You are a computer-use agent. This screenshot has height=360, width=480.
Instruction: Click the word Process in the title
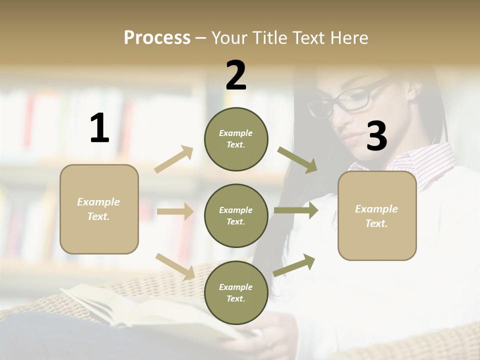point(157,38)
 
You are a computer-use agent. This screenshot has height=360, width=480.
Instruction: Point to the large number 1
point(99,128)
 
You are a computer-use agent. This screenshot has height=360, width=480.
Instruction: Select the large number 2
point(236,75)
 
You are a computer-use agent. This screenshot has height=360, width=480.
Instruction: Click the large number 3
point(376,136)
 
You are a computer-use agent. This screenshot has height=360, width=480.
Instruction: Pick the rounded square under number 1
point(99,209)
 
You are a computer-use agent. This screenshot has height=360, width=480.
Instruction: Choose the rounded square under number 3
point(377,215)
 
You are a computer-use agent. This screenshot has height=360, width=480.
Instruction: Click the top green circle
point(236,139)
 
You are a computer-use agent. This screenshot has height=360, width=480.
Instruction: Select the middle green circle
point(236,215)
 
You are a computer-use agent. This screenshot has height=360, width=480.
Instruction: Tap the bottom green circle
point(236,292)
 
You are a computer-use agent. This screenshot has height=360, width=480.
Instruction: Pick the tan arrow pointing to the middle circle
point(175,211)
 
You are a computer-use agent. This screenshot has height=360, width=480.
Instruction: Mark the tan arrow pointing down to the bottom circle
point(175,266)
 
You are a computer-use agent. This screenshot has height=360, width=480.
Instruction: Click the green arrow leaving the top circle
point(297,159)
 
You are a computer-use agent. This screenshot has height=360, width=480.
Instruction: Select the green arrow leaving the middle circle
point(295,210)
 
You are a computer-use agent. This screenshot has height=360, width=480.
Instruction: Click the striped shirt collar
point(425,162)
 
